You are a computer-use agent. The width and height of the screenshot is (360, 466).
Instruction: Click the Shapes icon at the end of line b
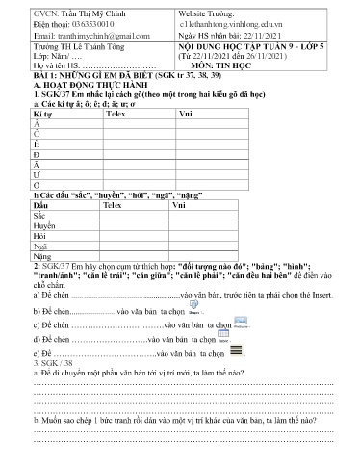(x=194, y=311)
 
